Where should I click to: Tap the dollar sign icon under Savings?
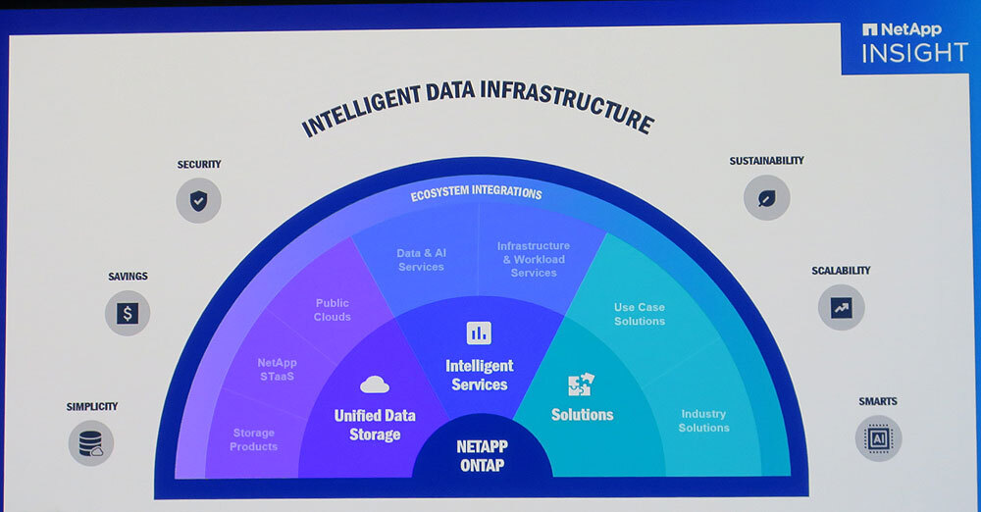128,314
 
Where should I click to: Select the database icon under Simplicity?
91,442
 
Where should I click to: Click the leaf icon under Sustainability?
766,198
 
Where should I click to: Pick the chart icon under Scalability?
841,307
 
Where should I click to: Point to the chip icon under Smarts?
878,438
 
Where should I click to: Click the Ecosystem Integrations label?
476,193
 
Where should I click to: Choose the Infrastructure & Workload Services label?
534,259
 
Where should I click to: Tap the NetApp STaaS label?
277,369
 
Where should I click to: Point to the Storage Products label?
253,439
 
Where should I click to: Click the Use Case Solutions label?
640,314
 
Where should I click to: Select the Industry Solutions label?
703,421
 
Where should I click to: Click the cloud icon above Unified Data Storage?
375,384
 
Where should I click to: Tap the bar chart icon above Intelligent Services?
479,333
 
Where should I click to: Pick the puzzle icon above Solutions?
581,384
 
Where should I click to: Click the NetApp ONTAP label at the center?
482,456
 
